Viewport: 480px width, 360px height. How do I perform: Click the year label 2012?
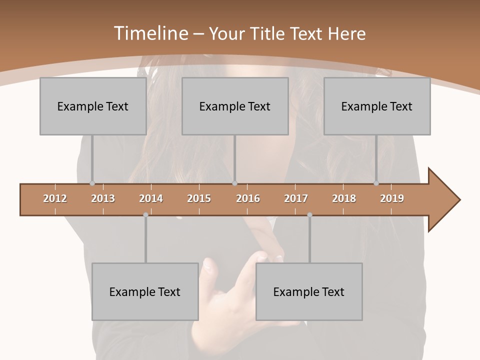55,198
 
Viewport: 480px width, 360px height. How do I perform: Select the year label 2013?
103,198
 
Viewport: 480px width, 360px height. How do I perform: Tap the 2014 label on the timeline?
151,198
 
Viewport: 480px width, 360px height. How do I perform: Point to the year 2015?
199,198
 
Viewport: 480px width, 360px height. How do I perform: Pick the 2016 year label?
248,198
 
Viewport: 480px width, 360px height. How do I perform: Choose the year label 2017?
296,198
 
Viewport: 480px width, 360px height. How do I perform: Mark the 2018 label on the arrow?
344,198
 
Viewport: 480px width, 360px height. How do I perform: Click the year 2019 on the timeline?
392,198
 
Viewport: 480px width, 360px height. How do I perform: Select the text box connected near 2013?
93,106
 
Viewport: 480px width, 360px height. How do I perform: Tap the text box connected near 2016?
235,106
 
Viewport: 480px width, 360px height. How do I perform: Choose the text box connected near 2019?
377,106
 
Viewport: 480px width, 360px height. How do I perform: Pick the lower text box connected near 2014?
145,291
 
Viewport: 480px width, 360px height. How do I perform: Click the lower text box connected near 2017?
309,291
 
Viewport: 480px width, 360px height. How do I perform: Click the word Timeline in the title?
150,33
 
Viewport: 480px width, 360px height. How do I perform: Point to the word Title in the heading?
271,33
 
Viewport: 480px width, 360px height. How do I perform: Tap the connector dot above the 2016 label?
234,183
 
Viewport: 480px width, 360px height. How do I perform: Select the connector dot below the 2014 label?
145,215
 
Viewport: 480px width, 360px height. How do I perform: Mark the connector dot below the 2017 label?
309,215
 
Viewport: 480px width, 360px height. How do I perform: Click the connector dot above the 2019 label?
376,183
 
